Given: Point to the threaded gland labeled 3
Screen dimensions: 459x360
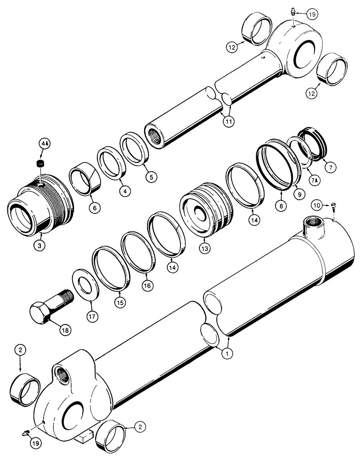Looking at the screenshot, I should [x=41, y=207].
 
